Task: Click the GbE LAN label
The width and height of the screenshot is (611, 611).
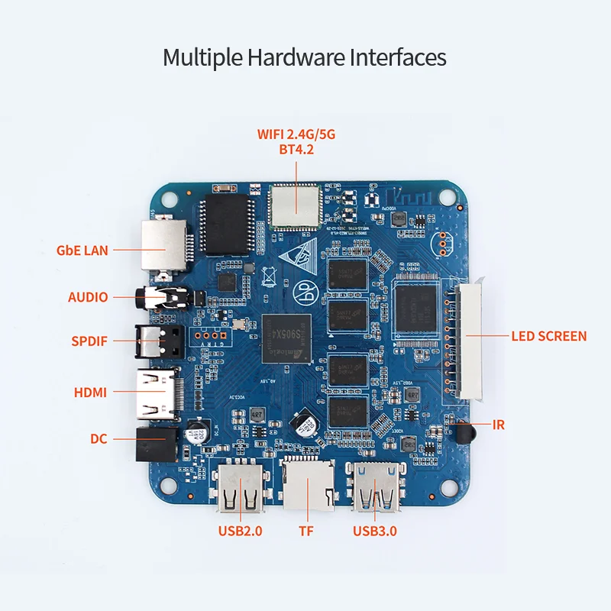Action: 82,250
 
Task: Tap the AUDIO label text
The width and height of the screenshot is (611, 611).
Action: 88,297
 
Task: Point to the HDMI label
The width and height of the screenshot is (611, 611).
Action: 90,393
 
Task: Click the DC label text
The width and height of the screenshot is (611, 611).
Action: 99,439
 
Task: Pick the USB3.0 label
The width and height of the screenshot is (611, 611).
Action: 374,532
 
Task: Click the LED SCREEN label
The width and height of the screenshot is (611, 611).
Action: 549,336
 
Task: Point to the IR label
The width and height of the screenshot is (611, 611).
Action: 499,425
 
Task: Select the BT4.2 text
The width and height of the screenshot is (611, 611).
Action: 296,150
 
